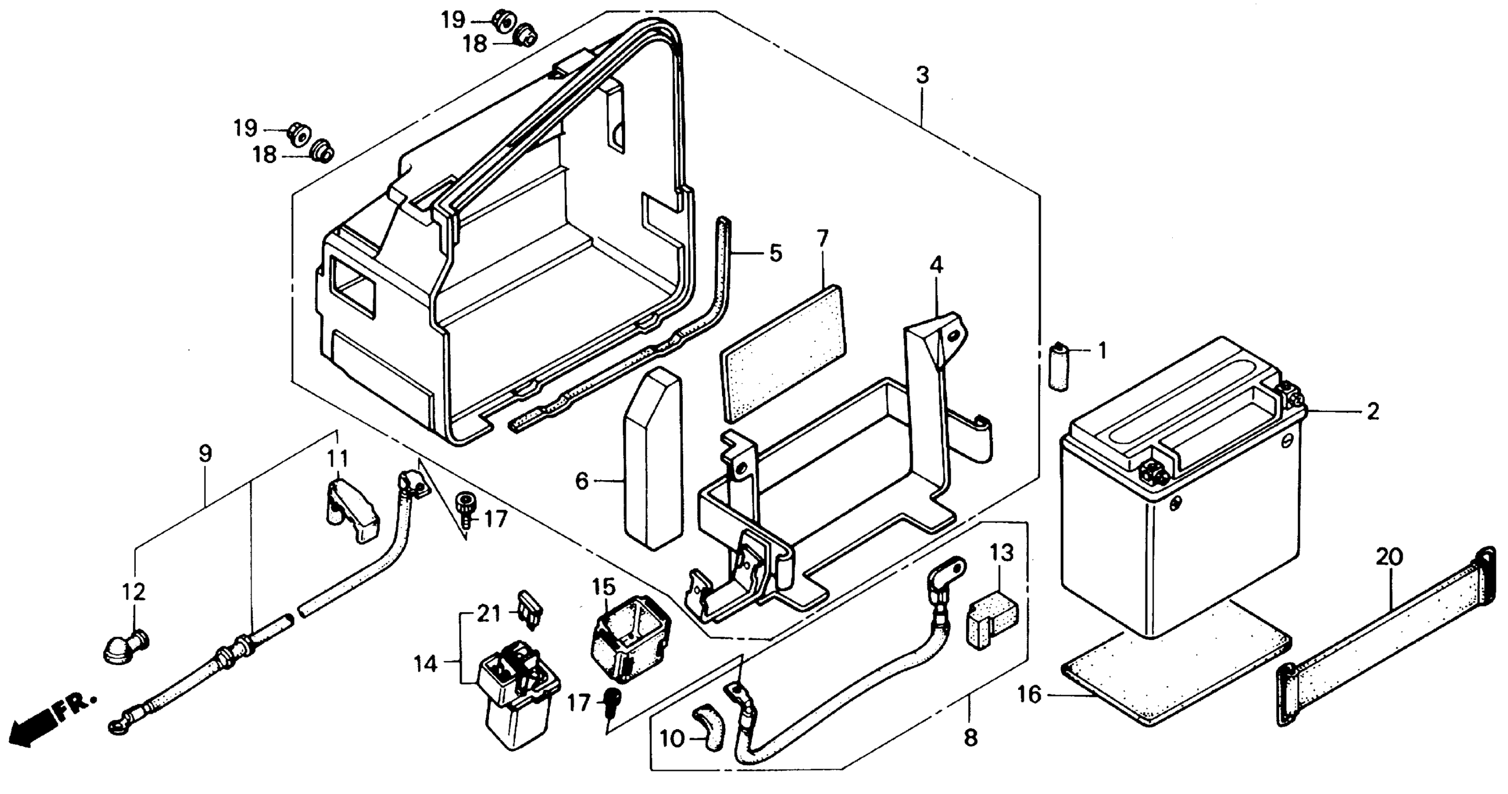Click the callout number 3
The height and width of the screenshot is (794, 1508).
(922, 76)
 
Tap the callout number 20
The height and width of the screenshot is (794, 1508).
(1388, 557)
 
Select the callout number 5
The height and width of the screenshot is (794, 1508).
(775, 254)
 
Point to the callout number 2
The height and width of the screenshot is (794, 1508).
(1373, 411)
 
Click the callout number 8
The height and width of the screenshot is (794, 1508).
(970, 738)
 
